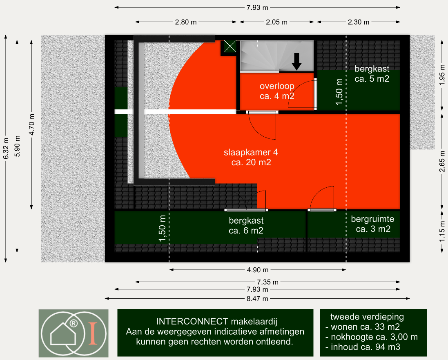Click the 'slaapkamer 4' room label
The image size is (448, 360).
click(251, 152)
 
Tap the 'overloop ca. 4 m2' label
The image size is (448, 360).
click(277, 91)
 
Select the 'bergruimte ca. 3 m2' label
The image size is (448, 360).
click(372, 224)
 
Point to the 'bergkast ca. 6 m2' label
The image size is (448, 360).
click(246, 225)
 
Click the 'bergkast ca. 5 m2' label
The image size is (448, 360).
click(372, 73)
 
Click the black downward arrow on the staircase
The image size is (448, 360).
click(296, 62)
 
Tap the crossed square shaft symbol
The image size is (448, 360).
click(230, 46)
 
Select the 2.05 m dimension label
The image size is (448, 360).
click(276, 22)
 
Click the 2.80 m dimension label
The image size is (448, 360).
click(186, 22)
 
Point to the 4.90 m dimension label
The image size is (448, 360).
click(257, 270)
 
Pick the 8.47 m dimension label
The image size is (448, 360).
click(257, 299)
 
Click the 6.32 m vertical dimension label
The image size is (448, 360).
click(6, 148)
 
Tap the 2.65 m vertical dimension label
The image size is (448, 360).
click(442, 161)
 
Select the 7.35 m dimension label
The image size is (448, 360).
click(268, 282)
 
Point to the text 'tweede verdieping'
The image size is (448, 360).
click(367, 317)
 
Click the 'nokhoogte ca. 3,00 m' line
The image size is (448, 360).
click(372, 337)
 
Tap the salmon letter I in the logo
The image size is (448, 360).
click(93, 333)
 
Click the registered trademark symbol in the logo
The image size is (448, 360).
click(74, 323)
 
